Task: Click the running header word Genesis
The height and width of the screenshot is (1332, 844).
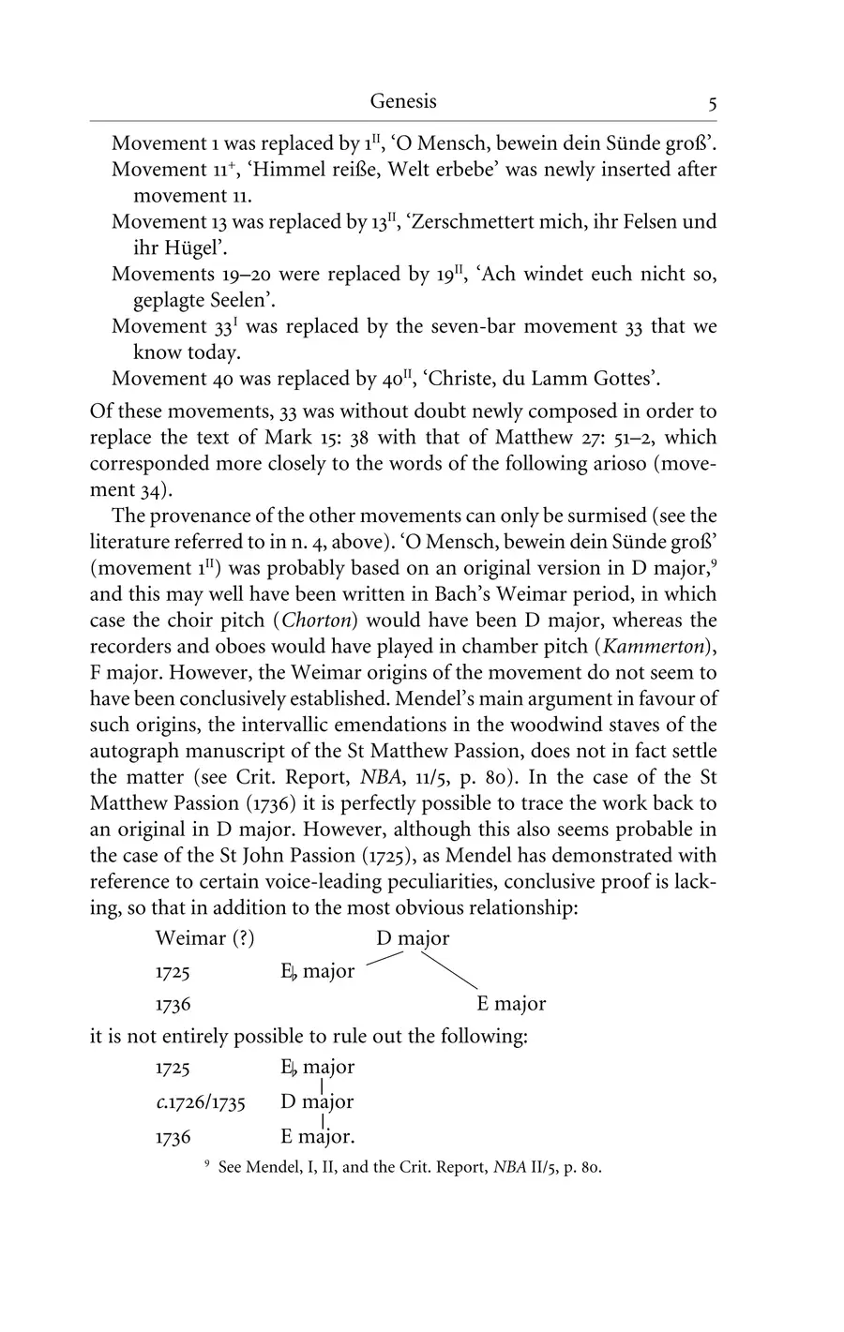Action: point(403,101)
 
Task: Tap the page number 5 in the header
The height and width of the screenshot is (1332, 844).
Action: point(713,104)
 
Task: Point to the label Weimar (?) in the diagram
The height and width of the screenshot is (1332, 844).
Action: point(204,938)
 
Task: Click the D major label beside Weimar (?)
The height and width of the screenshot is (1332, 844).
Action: point(413,938)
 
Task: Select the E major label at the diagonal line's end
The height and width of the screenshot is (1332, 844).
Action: point(510,1004)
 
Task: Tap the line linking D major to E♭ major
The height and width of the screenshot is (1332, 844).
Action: point(384,958)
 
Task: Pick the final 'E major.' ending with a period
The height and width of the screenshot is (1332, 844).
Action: point(318,1137)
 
